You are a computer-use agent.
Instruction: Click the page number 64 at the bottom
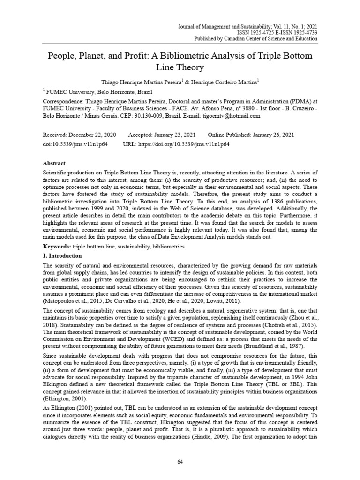[180, 462]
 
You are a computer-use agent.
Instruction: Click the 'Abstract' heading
[54, 164]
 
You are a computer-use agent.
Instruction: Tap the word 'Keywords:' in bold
[57, 246]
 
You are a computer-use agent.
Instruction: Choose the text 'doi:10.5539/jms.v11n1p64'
[75, 144]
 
